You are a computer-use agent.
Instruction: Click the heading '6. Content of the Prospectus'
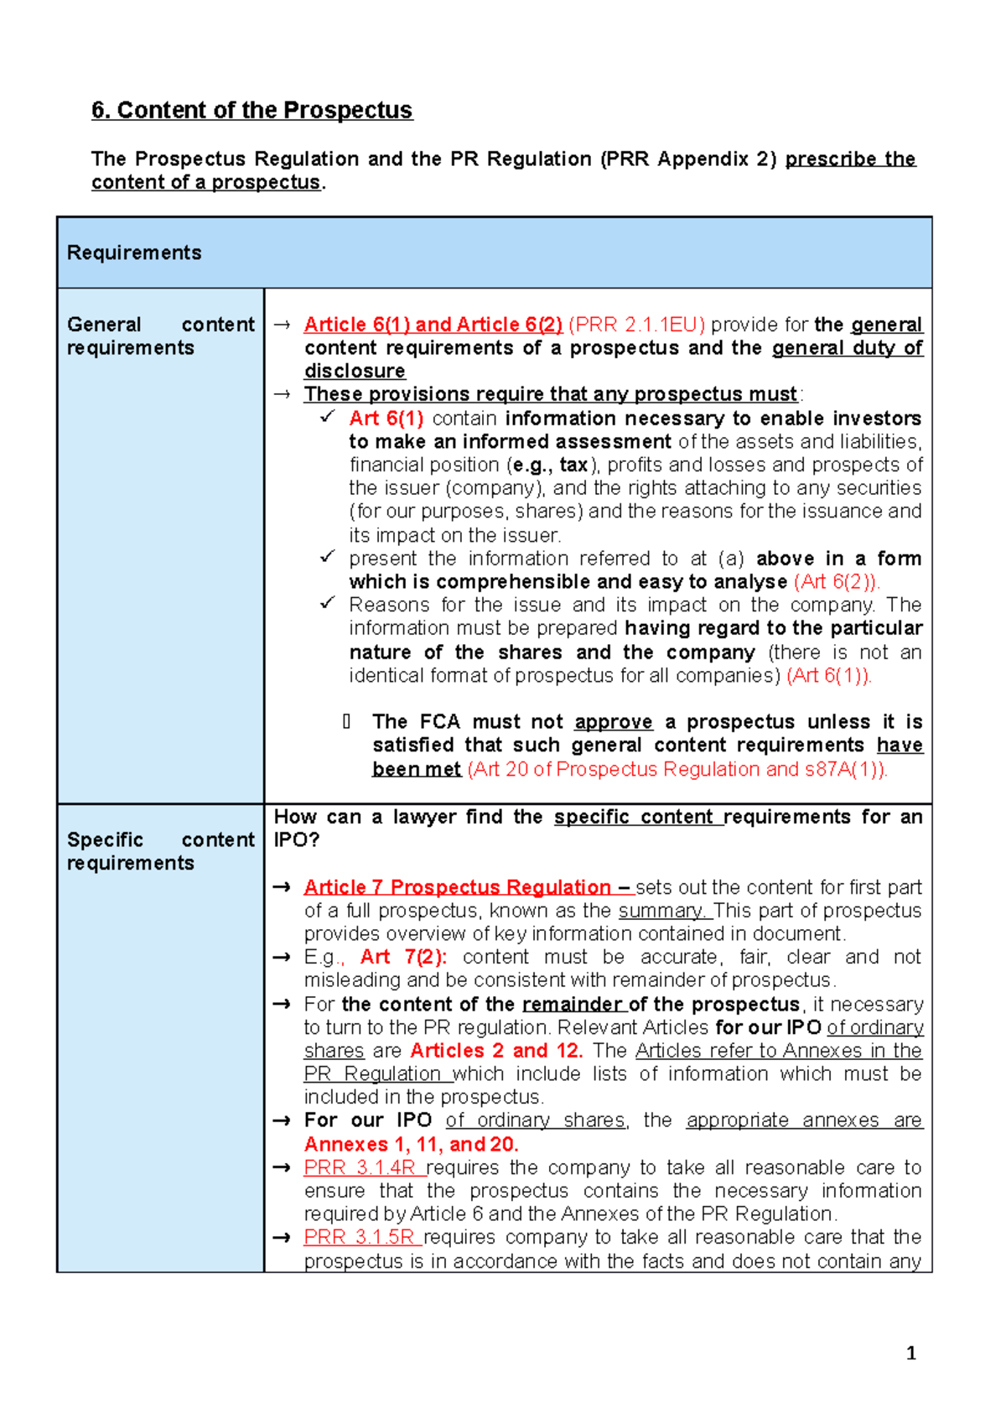[x=251, y=111]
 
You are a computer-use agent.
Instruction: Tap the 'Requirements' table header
[x=134, y=252]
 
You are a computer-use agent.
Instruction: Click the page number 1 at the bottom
[x=910, y=1353]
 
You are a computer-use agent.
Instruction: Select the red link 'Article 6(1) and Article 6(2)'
[x=433, y=325]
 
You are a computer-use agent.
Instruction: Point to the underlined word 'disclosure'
[x=355, y=371]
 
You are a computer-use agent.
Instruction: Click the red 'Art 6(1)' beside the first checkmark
[x=386, y=418]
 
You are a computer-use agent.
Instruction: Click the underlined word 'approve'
[x=613, y=722]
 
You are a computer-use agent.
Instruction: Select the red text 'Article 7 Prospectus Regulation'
[x=457, y=887]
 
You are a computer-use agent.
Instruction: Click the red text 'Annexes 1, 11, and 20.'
[x=411, y=1144]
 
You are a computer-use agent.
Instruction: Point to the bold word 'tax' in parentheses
[x=573, y=465]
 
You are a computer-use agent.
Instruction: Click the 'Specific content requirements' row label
[x=160, y=851]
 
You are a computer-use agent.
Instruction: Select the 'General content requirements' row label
[x=160, y=335]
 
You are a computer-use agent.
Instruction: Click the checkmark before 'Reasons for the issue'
[x=328, y=603]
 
